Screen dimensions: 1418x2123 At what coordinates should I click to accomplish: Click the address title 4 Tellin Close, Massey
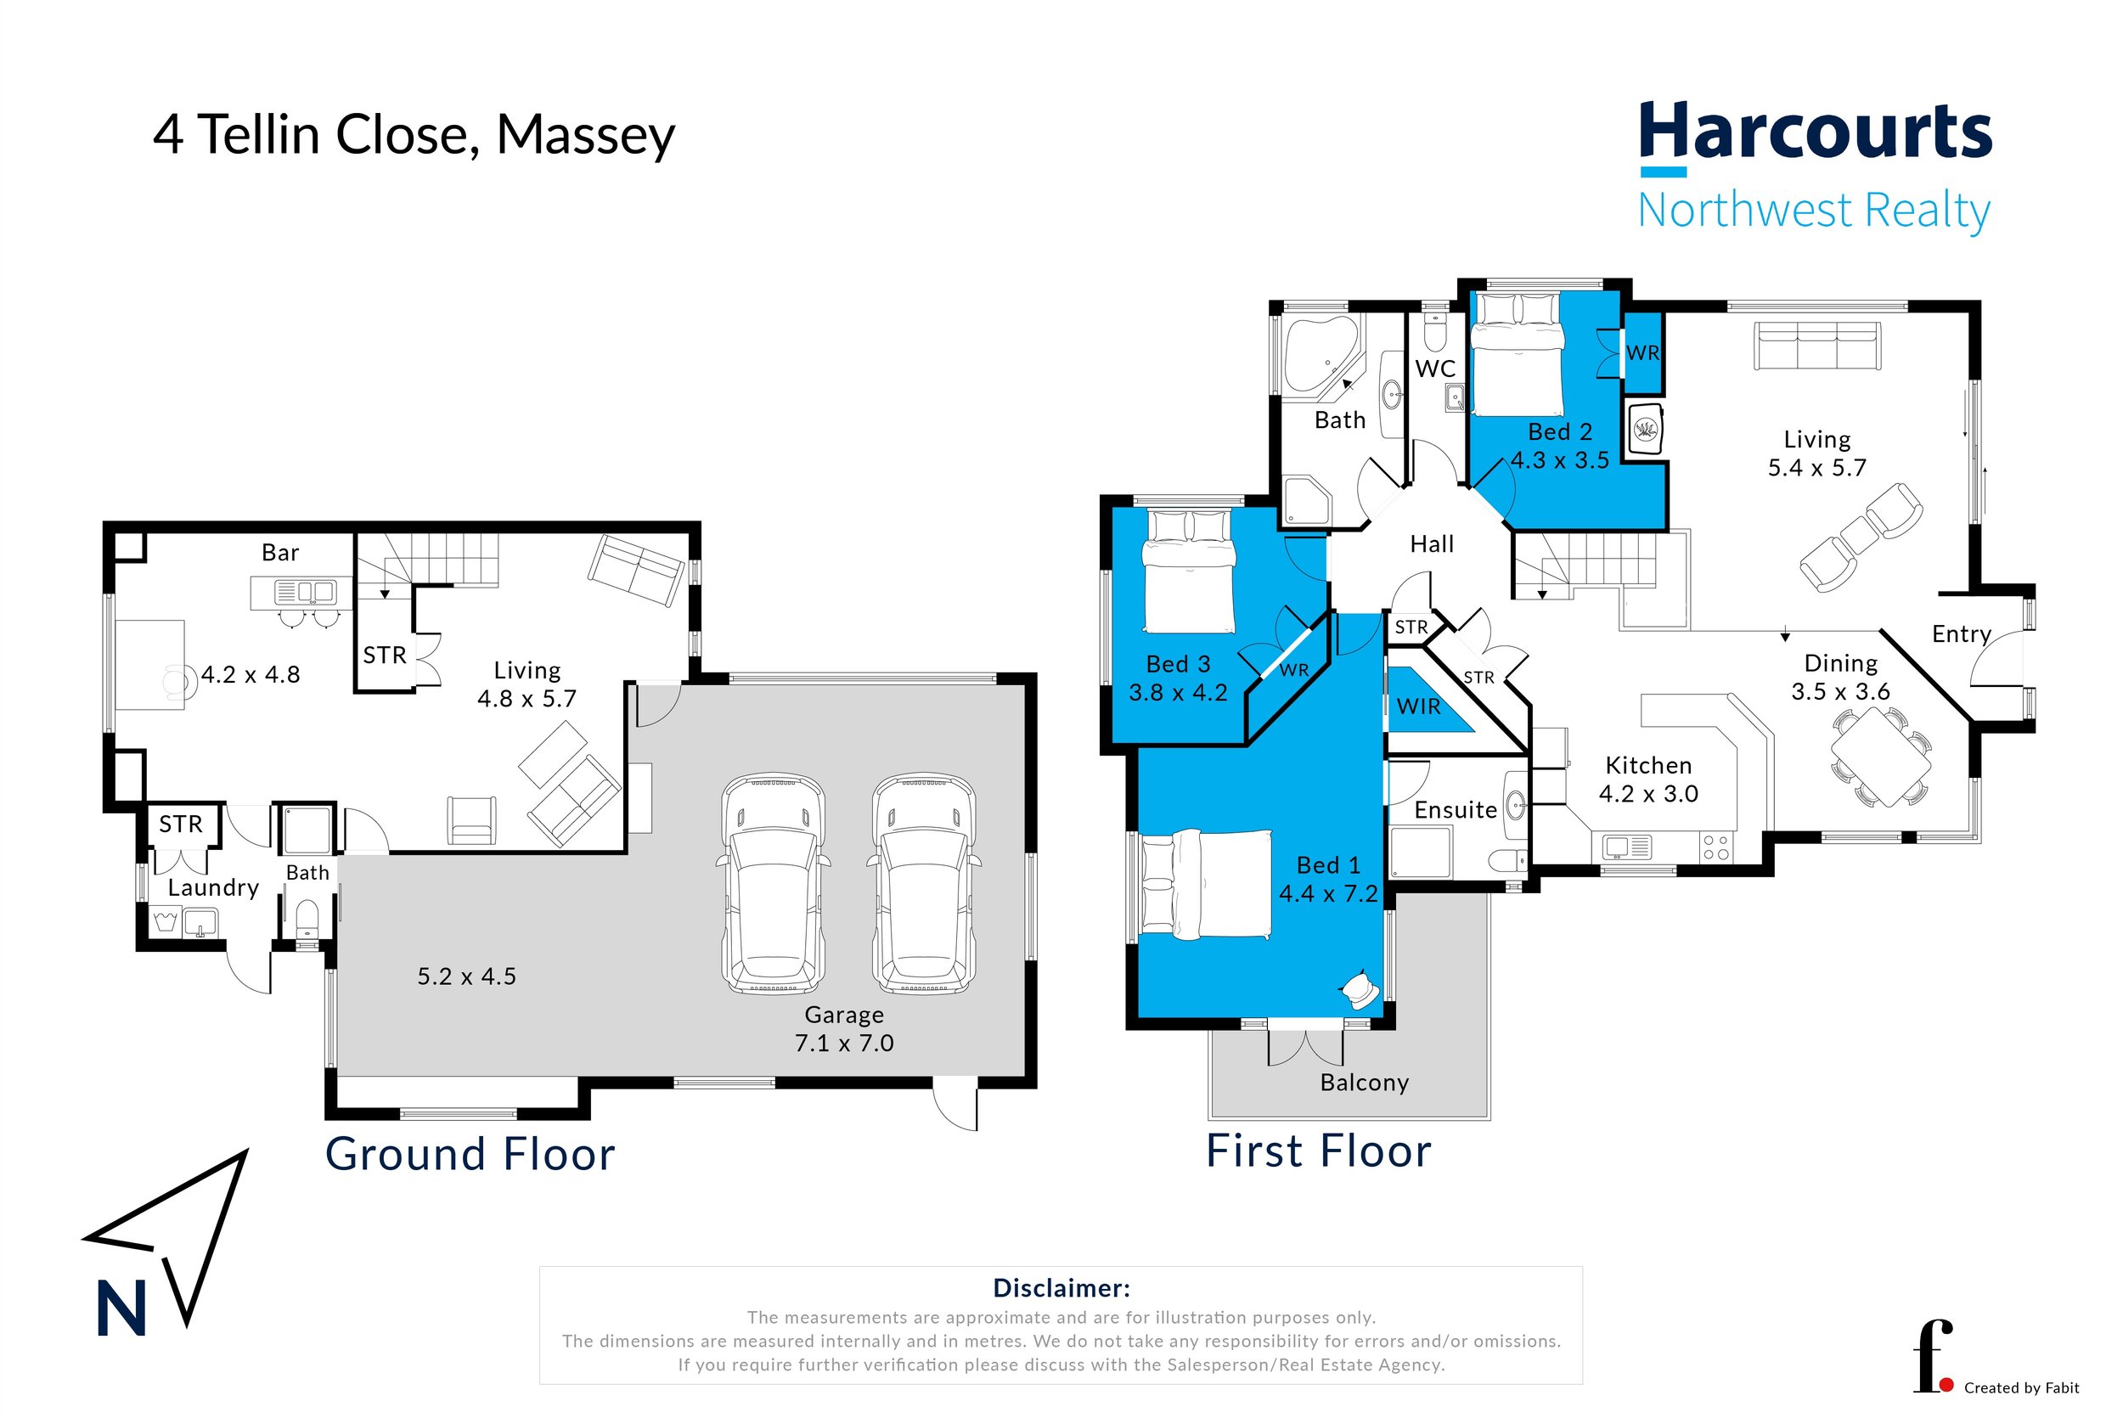click(x=414, y=136)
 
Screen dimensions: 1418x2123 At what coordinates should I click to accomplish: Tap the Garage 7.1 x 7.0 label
click(x=843, y=1028)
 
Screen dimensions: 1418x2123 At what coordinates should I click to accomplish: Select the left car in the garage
click(x=773, y=884)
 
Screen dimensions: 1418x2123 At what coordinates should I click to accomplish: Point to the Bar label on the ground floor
click(x=279, y=553)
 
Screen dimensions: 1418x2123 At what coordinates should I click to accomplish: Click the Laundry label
click(x=213, y=887)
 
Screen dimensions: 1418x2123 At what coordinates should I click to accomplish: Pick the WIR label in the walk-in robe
click(x=1418, y=706)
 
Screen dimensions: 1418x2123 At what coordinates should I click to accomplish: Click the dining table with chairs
click(x=1881, y=757)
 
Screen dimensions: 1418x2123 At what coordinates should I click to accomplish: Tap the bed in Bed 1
click(x=1207, y=884)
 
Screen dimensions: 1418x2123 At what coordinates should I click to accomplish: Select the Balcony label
click(x=1364, y=1083)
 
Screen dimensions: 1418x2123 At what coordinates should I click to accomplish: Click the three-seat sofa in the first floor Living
click(x=1816, y=346)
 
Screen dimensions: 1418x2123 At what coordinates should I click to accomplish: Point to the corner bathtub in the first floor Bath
click(x=1321, y=355)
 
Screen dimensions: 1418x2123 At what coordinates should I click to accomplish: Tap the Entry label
click(x=1961, y=634)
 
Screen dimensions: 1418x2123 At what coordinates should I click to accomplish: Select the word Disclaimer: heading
click(x=1061, y=1288)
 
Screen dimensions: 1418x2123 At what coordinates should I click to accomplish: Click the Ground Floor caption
click(x=470, y=1155)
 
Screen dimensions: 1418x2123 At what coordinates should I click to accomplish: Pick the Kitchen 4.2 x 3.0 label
click(x=1647, y=779)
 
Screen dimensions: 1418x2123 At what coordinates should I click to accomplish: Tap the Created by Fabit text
click(x=2021, y=1387)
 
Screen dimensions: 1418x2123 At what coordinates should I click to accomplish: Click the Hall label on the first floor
click(x=1431, y=543)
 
